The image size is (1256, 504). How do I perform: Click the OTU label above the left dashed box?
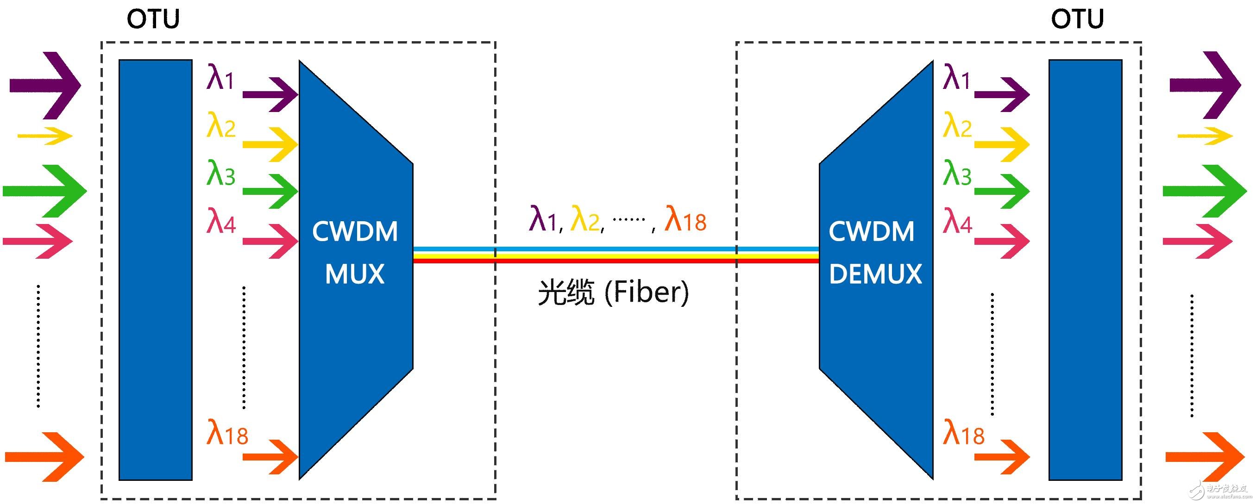153,19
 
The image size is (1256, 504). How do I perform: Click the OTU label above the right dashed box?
1077,19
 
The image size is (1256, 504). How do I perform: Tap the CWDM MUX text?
354,253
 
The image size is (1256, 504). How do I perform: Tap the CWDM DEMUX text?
875,253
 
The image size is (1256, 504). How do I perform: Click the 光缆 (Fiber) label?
613,292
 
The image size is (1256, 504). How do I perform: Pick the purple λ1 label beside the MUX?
220,78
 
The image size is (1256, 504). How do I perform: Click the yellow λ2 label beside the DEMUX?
957,126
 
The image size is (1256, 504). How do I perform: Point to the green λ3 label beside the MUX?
220,174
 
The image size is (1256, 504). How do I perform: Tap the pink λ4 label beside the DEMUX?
957,221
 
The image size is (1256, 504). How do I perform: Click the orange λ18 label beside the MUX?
227,433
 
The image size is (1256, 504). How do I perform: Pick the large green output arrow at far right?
1204,191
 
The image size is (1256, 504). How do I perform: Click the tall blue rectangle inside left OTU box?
155,269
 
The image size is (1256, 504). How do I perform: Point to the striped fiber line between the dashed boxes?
615,255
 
